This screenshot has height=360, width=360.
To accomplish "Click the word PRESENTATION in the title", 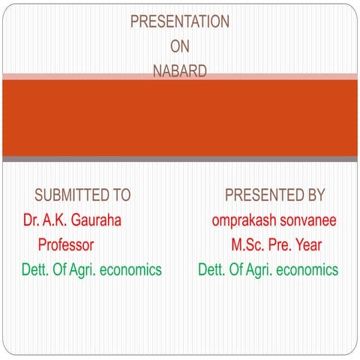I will (x=180, y=22).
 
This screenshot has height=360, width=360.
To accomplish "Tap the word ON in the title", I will (x=180, y=47).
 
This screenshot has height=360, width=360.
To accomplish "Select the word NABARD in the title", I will (x=180, y=72).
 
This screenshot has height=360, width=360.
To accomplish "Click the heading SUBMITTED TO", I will (x=82, y=196).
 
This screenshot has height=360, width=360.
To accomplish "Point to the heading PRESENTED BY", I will (x=275, y=196).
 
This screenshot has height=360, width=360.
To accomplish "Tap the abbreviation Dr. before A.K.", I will (x=31, y=220).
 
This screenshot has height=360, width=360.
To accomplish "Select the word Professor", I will (x=66, y=244).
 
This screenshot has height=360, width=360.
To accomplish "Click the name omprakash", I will (x=247, y=220).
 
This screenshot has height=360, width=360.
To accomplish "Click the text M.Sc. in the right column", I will (x=247, y=244).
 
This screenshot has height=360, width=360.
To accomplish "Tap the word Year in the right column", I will (x=307, y=244).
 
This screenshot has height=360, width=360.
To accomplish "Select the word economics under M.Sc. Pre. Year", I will (x=307, y=269).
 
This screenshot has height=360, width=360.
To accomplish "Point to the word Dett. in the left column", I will (x=34, y=269).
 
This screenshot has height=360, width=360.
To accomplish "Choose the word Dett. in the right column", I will (x=211, y=269).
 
